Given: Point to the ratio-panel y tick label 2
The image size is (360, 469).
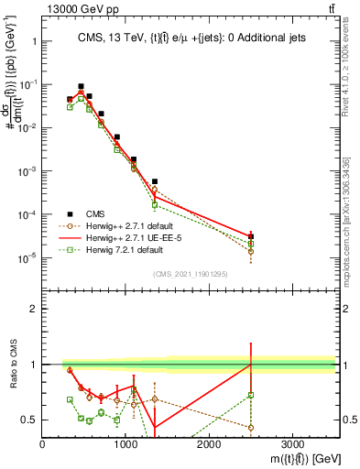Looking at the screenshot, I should click(33, 309).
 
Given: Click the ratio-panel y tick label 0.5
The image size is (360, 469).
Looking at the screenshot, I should click(29, 420).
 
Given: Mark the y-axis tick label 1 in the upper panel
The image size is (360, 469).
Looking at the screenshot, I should click(33, 41).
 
